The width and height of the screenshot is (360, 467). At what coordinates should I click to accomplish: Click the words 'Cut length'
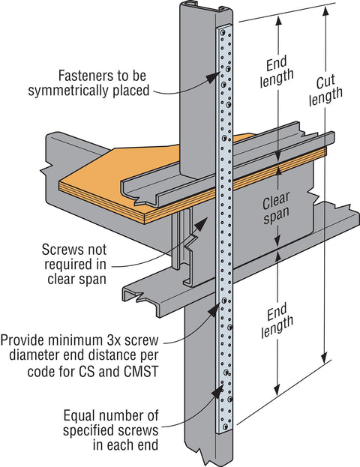(x=325, y=90)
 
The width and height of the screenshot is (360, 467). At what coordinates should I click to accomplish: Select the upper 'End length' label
(x=276, y=71)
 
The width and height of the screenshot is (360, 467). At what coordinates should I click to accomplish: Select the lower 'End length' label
(x=277, y=321)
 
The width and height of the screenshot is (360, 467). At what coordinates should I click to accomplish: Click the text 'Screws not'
(x=74, y=250)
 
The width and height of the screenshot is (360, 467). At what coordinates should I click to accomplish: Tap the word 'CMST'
(x=139, y=371)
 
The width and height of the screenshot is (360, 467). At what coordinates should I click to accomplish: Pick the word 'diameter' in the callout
(x=32, y=355)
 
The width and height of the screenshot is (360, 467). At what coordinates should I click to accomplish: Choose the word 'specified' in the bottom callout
(x=88, y=431)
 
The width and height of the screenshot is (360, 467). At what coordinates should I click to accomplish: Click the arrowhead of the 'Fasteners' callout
(x=214, y=77)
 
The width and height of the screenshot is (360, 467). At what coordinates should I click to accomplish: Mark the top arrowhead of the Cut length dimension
(x=326, y=11)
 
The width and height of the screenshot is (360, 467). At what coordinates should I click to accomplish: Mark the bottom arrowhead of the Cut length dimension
(x=325, y=357)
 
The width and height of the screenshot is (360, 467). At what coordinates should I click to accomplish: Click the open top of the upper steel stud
(x=205, y=7)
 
